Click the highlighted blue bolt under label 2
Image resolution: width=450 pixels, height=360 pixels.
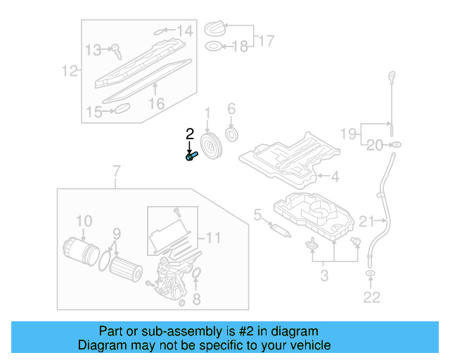(x=191, y=157)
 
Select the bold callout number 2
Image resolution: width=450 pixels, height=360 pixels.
(x=189, y=134)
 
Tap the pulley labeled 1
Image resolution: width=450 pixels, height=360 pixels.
(x=210, y=147)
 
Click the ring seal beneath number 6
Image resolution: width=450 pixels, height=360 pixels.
(x=231, y=134)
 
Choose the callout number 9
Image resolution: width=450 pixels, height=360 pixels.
(x=117, y=233)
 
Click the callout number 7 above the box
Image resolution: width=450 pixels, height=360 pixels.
(x=117, y=171)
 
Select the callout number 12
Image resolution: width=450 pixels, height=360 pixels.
(x=68, y=71)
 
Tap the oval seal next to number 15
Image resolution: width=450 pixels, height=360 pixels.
(x=122, y=108)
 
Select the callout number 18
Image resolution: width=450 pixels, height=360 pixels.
(x=240, y=47)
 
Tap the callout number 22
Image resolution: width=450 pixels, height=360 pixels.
(x=371, y=297)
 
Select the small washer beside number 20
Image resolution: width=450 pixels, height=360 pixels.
(x=396, y=145)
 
